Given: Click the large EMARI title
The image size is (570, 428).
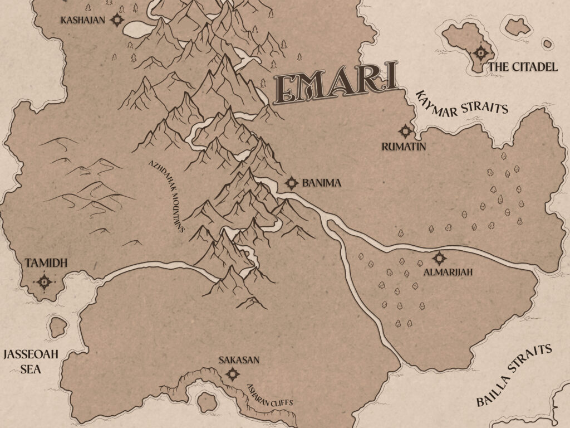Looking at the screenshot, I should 336,85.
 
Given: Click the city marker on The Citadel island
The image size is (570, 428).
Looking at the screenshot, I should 480,54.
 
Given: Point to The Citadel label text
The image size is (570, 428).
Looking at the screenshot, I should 523,67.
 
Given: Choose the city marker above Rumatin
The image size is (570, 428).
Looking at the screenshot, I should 405,132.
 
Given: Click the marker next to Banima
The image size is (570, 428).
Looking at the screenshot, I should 291,183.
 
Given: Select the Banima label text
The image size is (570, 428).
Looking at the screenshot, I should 321,183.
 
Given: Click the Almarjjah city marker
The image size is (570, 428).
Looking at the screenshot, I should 439,259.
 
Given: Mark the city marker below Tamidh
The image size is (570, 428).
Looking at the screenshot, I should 45,282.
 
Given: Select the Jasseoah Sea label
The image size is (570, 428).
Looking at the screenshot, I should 31,361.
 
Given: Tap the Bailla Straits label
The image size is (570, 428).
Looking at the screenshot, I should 513,376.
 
